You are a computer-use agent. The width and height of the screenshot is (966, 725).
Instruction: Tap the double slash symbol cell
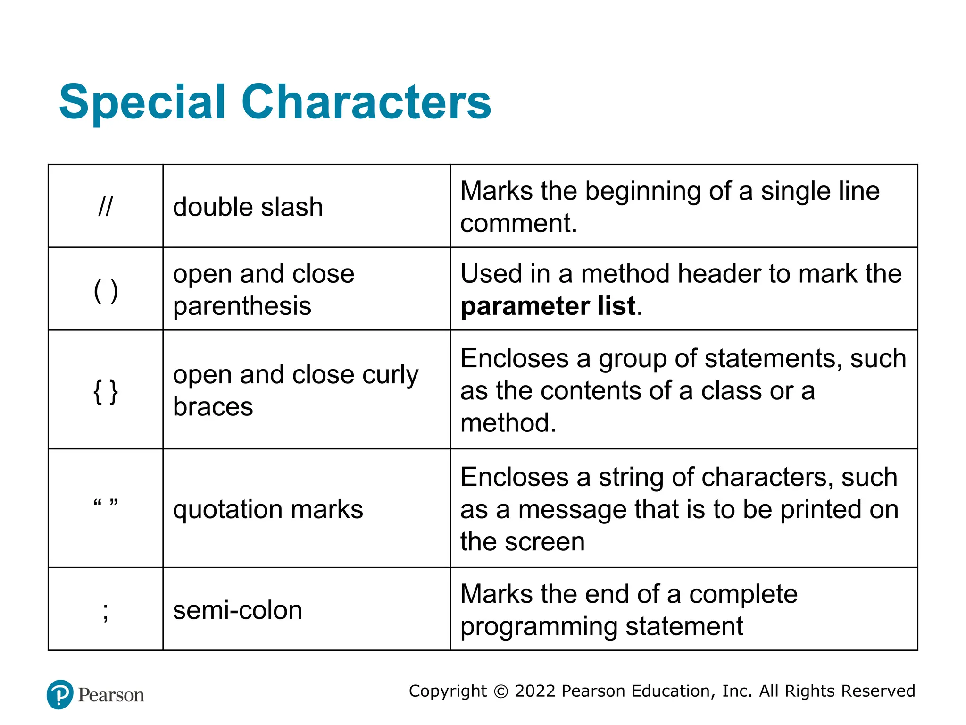(105, 206)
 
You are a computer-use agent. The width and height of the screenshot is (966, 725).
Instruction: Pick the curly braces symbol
(106, 391)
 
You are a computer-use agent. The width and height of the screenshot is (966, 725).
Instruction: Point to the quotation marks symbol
(106, 503)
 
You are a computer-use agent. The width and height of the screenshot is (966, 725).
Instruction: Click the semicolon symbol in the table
(106, 611)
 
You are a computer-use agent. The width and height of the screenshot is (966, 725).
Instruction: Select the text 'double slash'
(248, 207)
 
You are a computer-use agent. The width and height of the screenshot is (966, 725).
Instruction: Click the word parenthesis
(242, 306)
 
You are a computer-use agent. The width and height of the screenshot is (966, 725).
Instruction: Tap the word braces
(213, 407)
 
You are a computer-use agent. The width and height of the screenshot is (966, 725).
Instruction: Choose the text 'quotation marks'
(268, 510)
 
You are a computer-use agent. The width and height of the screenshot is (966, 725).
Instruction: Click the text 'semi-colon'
(237, 610)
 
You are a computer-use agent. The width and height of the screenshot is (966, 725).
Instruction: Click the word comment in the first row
(518, 223)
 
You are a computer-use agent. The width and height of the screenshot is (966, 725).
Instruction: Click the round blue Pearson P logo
(60, 694)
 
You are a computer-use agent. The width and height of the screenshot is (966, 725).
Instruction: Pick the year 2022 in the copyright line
(535, 691)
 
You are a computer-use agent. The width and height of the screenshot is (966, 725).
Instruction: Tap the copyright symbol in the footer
(501, 691)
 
